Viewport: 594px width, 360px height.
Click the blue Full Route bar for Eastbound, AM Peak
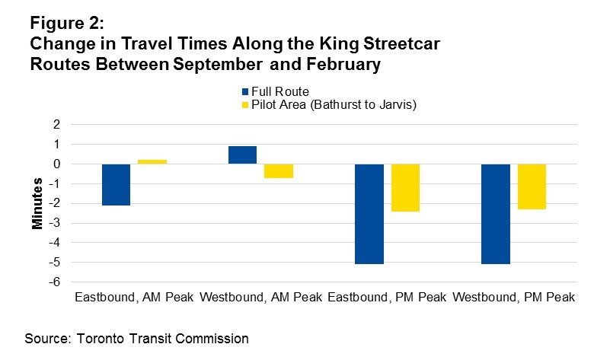coord(116,184)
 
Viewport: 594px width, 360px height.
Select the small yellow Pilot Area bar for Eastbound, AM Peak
coord(152,161)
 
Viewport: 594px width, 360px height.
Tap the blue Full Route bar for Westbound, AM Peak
coord(242,155)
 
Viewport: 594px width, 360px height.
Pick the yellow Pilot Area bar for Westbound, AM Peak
coord(279,170)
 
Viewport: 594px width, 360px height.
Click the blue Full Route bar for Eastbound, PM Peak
coord(369,214)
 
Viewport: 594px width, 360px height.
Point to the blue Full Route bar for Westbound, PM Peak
coord(496,214)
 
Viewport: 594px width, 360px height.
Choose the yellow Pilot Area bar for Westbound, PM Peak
coord(532,186)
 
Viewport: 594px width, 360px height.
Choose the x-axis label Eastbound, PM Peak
coord(387,297)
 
